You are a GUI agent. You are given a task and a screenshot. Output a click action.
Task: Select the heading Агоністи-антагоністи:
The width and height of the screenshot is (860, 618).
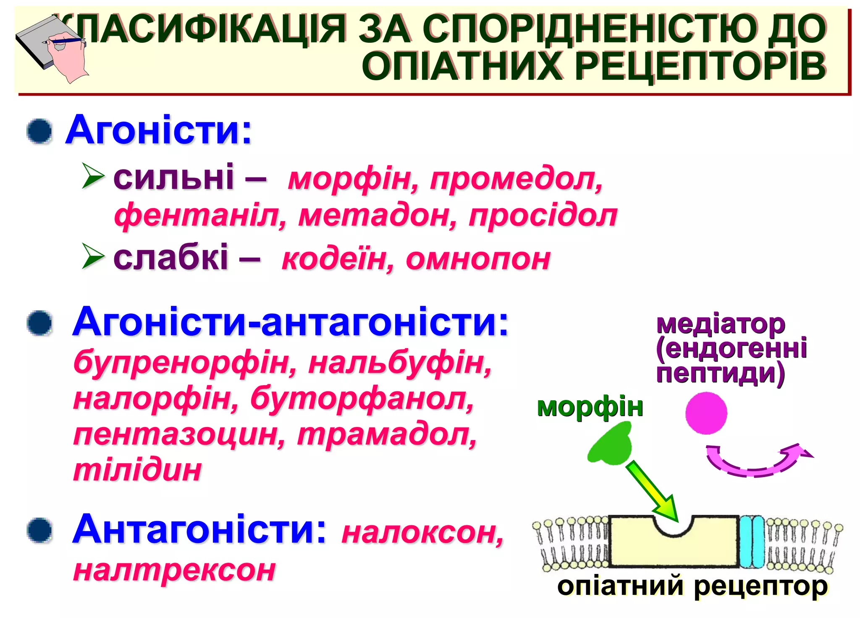click(290, 322)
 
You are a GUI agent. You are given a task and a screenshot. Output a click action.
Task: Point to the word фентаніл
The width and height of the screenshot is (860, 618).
click(200, 216)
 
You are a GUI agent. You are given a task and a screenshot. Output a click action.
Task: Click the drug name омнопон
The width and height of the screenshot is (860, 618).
click(478, 259)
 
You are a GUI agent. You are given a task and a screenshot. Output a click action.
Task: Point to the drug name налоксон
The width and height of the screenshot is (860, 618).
click(422, 533)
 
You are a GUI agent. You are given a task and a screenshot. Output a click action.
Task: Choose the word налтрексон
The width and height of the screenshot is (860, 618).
click(174, 570)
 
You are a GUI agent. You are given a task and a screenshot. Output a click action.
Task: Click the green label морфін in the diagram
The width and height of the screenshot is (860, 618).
click(590, 407)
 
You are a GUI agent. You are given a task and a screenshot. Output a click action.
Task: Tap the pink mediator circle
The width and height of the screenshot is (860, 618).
click(706, 413)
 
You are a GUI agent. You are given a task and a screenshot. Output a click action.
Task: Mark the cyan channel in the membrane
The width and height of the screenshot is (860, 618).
click(752, 542)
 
